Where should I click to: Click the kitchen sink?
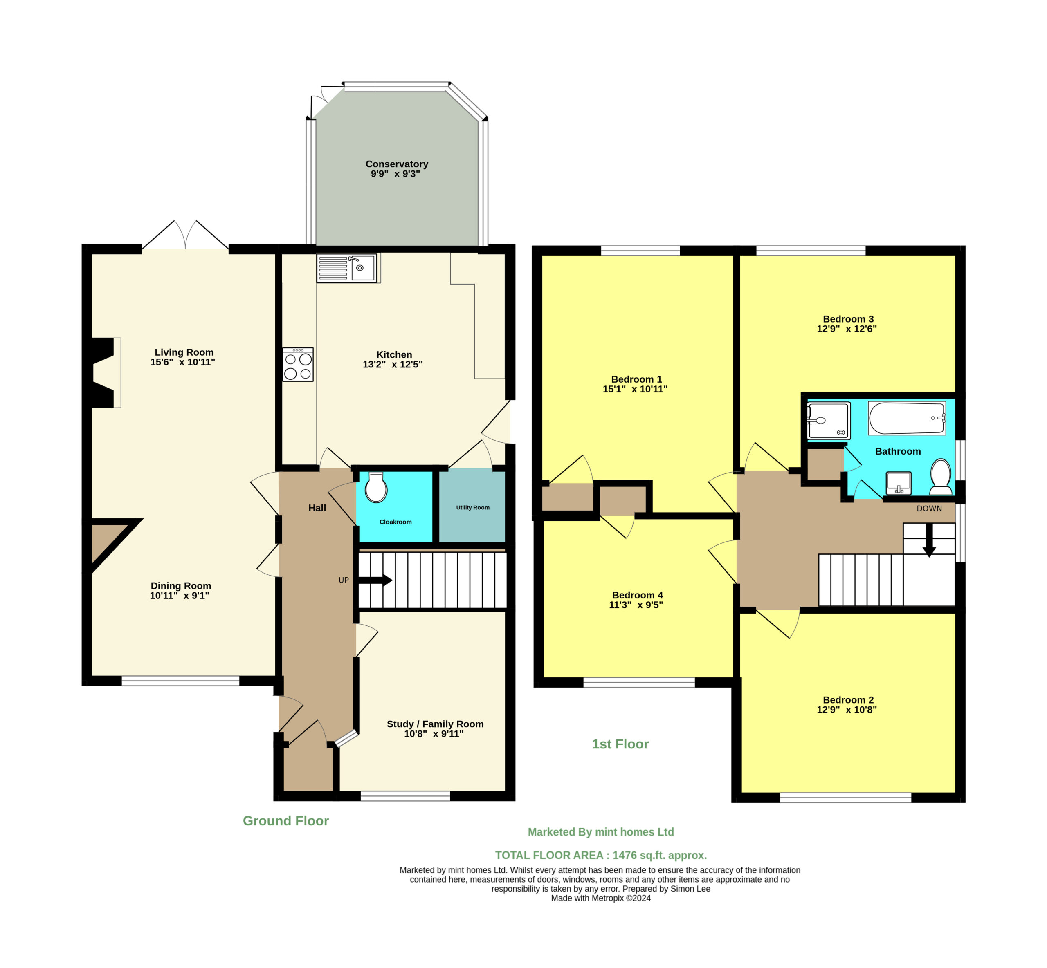pyautogui.click(x=348, y=268)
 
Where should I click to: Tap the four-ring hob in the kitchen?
pyautogui.click(x=298, y=365)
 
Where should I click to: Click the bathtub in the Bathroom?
pyautogui.click(x=907, y=419)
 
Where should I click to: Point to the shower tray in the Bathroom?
pyautogui.click(x=829, y=421)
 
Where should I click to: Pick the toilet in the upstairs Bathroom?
pyautogui.click(x=941, y=477)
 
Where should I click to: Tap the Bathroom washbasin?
pyautogui.click(x=899, y=483)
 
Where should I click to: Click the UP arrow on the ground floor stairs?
pyautogui.click(x=375, y=580)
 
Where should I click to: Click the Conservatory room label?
pyautogui.click(x=397, y=164)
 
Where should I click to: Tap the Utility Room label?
pyautogui.click(x=473, y=508)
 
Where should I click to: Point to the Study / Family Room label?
pyautogui.click(x=435, y=724)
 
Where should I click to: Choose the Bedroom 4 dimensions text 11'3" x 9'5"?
pyautogui.click(x=636, y=605)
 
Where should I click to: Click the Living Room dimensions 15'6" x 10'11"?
pyautogui.click(x=182, y=362)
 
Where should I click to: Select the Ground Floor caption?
pyautogui.click(x=285, y=821)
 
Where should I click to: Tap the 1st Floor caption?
pyautogui.click(x=620, y=744)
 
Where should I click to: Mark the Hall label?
pyautogui.click(x=317, y=508)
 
